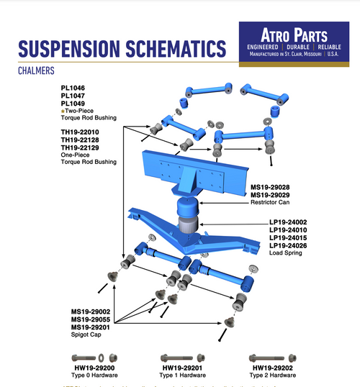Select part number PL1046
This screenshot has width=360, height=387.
pyautogui.click(x=73, y=88)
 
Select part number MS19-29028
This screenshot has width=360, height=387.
pyautogui.click(x=270, y=187)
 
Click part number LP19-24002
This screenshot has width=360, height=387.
pyautogui.click(x=288, y=222)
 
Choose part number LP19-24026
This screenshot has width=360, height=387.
pyautogui.click(x=288, y=246)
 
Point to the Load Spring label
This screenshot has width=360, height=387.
pyautogui.click(x=286, y=254)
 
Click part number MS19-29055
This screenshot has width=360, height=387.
pyautogui.click(x=91, y=319)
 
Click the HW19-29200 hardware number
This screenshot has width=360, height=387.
pyautogui.click(x=94, y=368)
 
